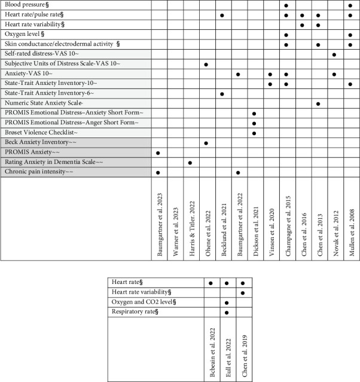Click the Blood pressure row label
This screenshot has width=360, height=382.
point(30,5)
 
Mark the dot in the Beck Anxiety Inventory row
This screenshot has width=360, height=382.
point(206,143)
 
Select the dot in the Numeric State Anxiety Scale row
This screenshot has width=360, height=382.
point(318,103)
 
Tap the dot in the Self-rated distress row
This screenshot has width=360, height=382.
point(334,54)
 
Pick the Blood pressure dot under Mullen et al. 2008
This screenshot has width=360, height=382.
point(350,5)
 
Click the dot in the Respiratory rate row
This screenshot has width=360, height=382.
point(227,312)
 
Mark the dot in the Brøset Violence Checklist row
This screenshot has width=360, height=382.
point(254,133)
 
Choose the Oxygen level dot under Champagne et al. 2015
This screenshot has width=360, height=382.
point(286,35)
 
